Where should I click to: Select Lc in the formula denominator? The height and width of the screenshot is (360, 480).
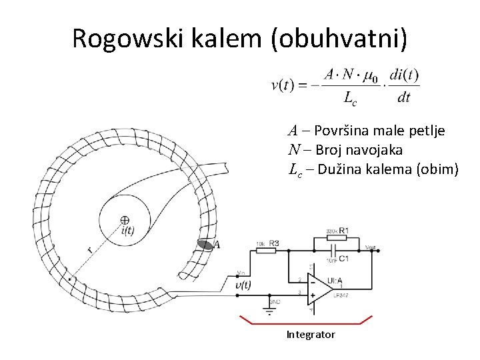[349, 99]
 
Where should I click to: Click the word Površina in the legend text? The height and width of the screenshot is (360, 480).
[340, 131]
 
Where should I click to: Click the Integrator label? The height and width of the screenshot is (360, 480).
[311, 334]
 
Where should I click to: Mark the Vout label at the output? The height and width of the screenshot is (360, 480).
[371, 247]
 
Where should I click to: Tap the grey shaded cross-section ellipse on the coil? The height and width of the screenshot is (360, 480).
[206, 245]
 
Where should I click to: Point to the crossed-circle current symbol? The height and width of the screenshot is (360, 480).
[125, 220]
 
